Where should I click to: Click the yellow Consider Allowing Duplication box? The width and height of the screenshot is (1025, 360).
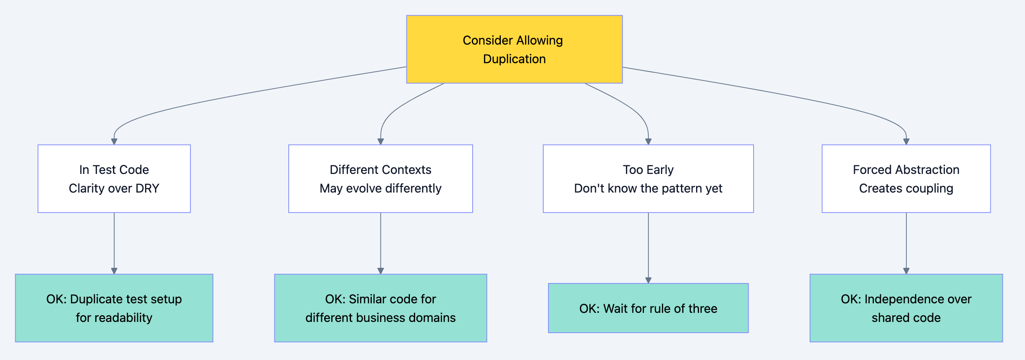514,49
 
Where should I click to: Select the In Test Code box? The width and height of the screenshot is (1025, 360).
114,178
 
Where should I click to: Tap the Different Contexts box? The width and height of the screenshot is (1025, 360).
380,178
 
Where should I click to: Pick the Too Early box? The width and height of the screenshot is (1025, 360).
648,178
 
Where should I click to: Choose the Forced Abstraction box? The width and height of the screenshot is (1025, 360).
906,178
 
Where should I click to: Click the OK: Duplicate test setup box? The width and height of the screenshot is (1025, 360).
114,308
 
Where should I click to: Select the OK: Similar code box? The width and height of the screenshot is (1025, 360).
380,308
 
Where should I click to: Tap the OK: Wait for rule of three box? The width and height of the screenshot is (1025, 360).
648,308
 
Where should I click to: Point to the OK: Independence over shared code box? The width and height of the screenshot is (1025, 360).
906,308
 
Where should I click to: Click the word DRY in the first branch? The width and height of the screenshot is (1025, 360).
147,188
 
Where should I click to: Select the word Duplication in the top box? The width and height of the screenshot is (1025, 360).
514,59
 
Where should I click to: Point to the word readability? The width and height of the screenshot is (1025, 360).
126,318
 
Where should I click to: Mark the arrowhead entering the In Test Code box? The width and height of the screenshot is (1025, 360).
114,141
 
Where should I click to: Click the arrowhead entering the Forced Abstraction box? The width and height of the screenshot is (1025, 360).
906,141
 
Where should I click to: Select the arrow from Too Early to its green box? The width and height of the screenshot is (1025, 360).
648,247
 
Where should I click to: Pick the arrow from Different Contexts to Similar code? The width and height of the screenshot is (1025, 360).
380,242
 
